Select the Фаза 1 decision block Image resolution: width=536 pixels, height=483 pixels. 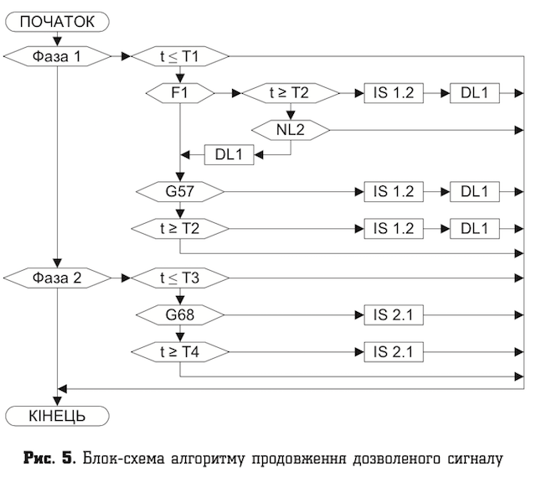coord(58,56)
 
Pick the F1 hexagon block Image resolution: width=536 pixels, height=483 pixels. coord(180,92)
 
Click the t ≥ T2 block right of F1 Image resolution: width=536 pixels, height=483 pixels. coord(291,92)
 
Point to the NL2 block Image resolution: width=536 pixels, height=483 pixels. coord(291,129)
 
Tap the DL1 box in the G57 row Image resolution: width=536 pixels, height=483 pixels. coord(474,191)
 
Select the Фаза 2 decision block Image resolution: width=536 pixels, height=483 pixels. coord(58,277)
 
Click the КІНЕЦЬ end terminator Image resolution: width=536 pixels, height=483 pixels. coord(58,413)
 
